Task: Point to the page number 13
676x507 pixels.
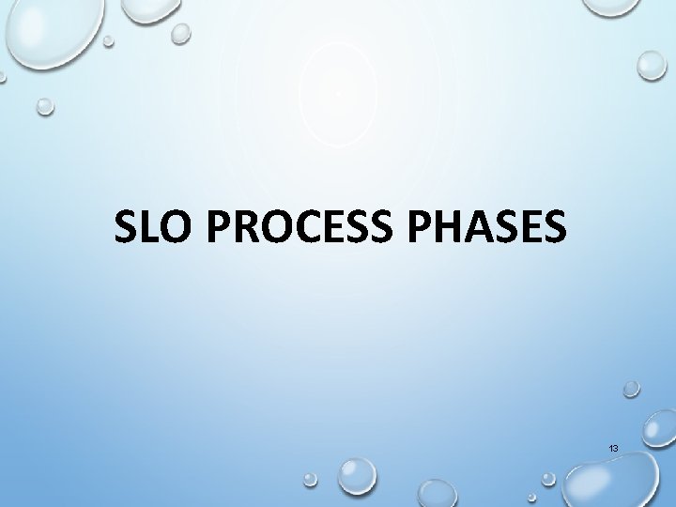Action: (x=613, y=450)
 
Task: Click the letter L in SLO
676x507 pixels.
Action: (x=145, y=227)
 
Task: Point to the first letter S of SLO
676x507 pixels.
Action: (x=126, y=227)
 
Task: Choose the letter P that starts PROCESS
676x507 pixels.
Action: (x=222, y=227)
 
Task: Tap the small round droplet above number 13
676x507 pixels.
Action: (x=632, y=387)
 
